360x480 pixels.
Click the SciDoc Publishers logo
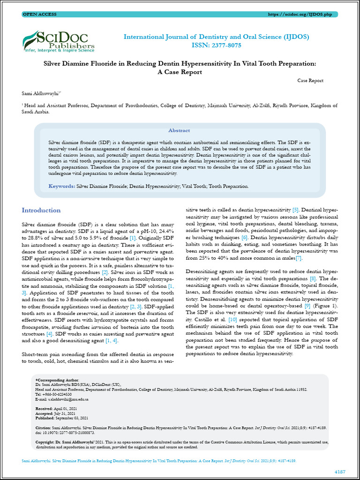click(x=59, y=41)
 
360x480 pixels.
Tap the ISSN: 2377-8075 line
click(x=216, y=45)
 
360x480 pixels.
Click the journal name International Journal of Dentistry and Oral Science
click(x=216, y=37)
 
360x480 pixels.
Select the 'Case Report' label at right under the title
click(x=310, y=81)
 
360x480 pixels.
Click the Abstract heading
click(x=179, y=130)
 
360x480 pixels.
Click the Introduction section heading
click(x=41, y=210)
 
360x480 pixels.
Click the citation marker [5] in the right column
click(x=295, y=210)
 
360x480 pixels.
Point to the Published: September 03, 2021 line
click(x=61, y=418)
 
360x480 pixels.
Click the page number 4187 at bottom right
click(x=340, y=471)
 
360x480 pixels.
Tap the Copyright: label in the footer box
click(x=45, y=442)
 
